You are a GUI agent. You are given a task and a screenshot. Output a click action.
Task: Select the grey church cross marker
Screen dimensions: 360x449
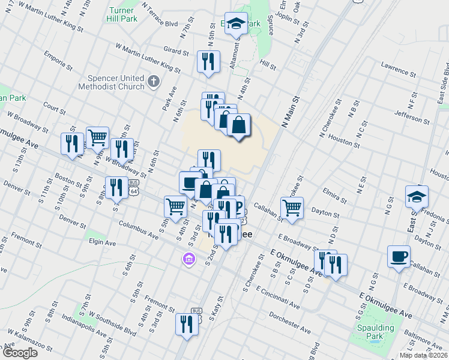[x=154, y=82]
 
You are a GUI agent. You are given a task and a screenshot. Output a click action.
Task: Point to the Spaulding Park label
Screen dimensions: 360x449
[x=376, y=332]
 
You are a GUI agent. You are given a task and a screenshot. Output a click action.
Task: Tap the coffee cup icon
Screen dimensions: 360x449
[x=399, y=257]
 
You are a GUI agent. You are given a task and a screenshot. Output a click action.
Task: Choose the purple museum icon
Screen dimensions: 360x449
[x=188, y=259]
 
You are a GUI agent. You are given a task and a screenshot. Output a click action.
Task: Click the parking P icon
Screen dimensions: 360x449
[x=238, y=208]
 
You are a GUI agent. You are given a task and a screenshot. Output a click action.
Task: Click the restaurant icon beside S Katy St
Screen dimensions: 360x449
[x=187, y=324]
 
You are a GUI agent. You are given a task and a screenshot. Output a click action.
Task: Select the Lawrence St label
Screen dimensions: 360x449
[x=398, y=70]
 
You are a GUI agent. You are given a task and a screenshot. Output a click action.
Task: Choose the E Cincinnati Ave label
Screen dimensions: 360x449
[x=277, y=297]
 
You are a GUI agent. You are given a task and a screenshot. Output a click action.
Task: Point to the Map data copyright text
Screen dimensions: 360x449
[x=424, y=355]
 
